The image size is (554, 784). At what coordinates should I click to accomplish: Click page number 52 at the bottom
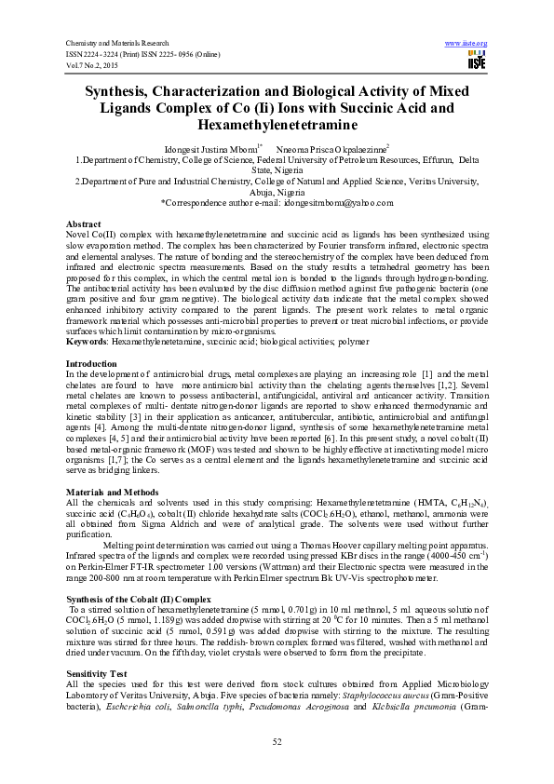click(277, 741)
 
